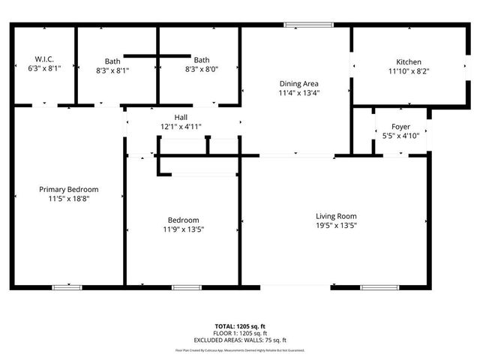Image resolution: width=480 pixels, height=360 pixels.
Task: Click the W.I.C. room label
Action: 44,59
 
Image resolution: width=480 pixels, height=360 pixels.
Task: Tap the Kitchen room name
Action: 409,62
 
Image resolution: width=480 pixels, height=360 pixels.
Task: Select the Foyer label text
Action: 400,127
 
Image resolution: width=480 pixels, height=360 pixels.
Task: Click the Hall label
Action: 181,118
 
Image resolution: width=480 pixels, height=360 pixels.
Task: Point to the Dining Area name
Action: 299,84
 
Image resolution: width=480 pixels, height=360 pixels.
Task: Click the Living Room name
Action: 335,216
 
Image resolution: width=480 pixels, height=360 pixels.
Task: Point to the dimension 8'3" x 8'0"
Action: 202,70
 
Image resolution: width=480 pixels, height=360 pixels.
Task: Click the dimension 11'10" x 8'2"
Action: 409,71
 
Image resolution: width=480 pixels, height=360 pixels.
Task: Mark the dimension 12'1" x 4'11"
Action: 181,127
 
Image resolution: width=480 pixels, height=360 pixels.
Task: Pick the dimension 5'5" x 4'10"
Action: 400,136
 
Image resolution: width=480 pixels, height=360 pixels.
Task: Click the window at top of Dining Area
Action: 309,25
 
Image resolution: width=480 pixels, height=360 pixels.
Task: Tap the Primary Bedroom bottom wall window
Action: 67,286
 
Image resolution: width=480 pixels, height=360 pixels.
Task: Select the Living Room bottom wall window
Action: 375,286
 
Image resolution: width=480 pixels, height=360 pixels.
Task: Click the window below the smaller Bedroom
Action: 183,286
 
